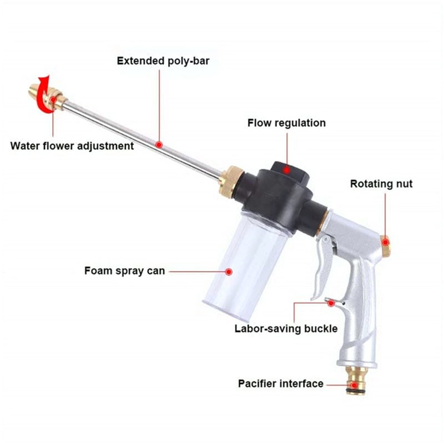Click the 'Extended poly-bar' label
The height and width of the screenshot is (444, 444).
pyautogui.click(x=163, y=60)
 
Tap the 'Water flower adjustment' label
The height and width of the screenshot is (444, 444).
pyautogui.click(x=72, y=146)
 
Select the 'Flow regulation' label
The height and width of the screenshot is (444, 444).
pyautogui.click(x=286, y=123)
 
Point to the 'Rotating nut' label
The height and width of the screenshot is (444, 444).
pyautogui.click(x=381, y=184)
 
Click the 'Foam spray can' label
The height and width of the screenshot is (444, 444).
pyautogui.click(x=124, y=271)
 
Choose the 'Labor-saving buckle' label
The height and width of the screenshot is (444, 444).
pyautogui.click(x=286, y=329)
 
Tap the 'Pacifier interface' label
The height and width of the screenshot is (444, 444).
pyautogui.click(x=281, y=384)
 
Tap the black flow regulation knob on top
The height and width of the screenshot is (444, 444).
pyautogui.click(x=286, y=168)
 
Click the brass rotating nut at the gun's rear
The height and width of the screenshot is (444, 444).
pyautogui.click(x=385, y=244)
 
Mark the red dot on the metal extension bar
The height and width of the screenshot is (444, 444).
pyautogui.click(x=159, y=145)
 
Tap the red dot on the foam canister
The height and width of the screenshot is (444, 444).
pyautogui.click(x=229, y=271)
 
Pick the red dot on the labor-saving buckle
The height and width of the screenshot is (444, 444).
pyautogui.click(x=331, y=302)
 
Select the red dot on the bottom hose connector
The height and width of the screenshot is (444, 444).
pyautogui.click(x=354, y=384)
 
